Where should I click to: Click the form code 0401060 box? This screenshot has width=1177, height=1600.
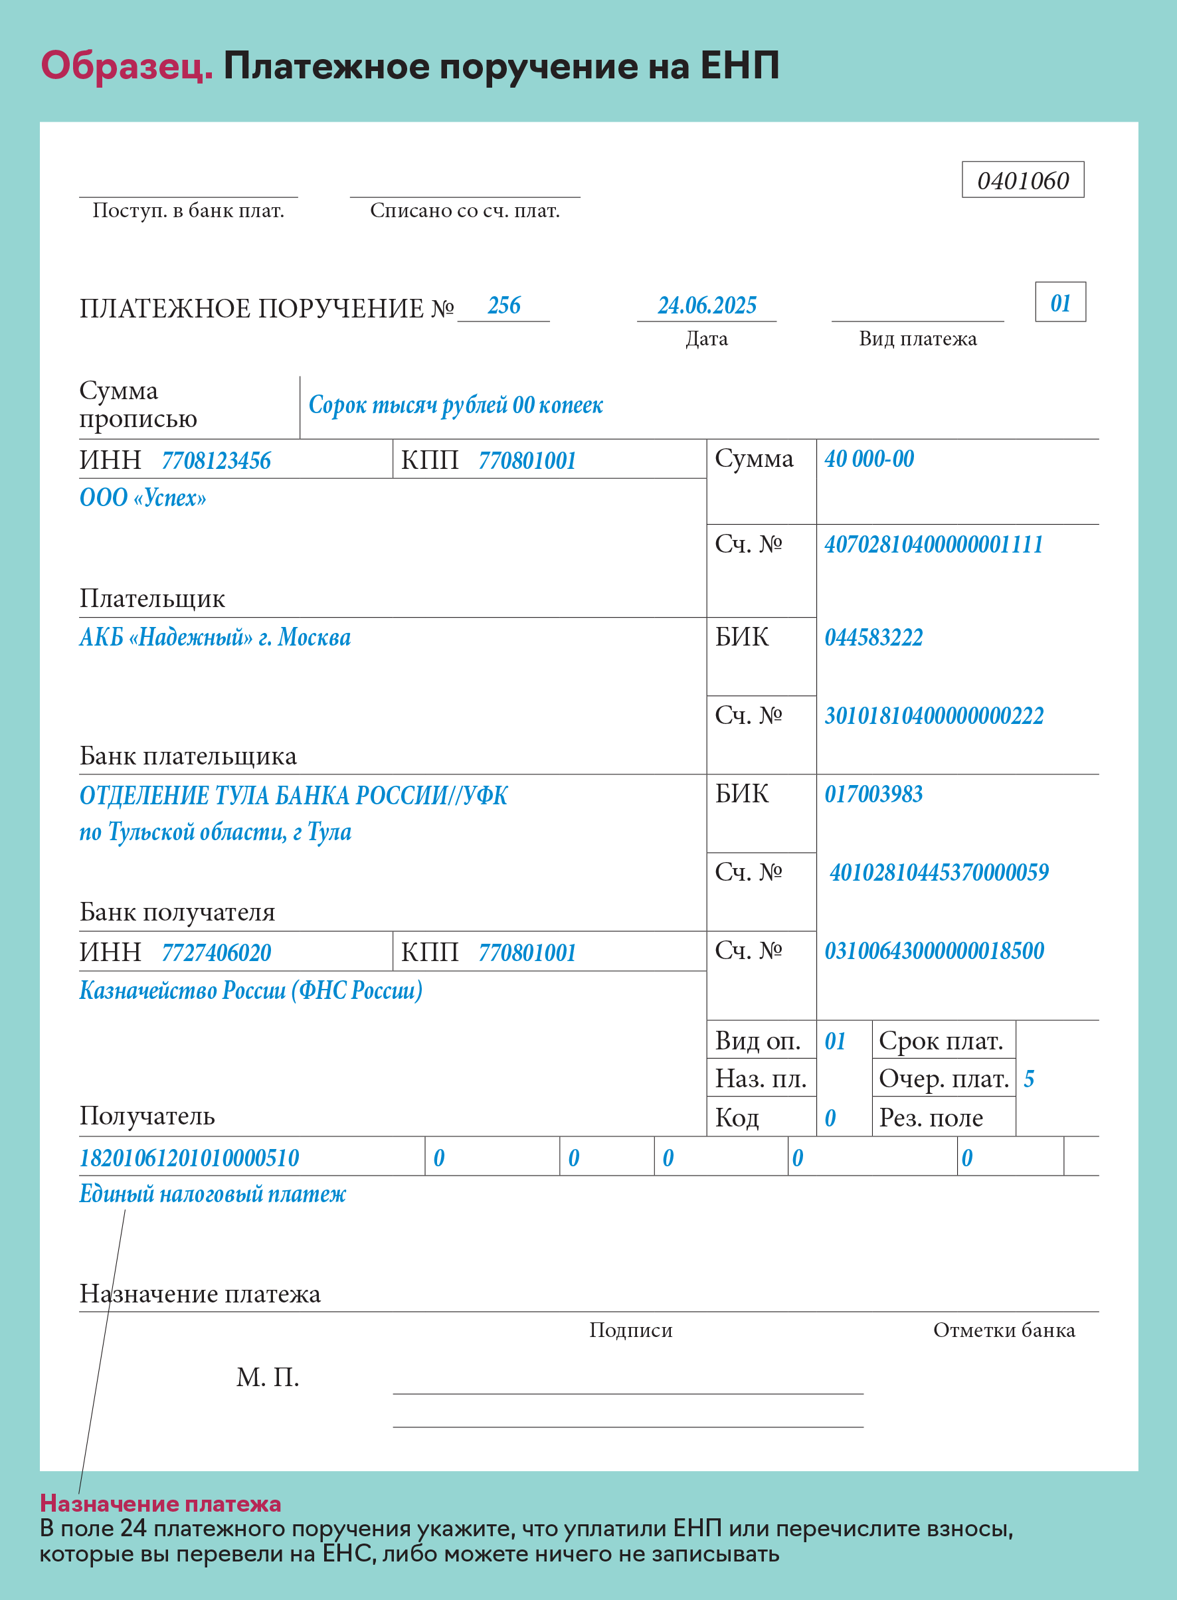(1022, 180)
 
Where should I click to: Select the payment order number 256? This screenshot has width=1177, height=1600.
(503, 306)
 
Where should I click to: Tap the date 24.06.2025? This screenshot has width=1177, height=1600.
(707, 306)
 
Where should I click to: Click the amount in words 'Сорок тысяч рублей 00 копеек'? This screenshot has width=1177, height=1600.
(455, 405)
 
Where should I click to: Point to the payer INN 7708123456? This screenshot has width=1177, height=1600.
(216, 461)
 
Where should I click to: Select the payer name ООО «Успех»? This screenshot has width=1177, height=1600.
(143, 497)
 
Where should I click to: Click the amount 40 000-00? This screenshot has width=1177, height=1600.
(869, 459)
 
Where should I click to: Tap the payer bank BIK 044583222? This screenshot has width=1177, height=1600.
(873, 638)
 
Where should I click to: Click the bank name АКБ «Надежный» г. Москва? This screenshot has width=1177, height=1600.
(215, 637)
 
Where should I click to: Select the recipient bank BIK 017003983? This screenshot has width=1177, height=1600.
(873, 794)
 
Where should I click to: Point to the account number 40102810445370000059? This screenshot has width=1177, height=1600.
(939, 873)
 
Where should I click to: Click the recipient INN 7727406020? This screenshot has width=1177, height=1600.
(216, 953)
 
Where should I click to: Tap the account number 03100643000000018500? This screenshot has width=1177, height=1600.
(934, 951)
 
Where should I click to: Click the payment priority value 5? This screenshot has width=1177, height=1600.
(1029, 1079)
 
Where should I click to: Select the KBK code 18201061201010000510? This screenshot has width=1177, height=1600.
(189, 1158)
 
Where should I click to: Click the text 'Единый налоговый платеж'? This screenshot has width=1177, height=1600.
(213, 1194)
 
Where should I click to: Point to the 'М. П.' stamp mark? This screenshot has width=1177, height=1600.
(267, 1378)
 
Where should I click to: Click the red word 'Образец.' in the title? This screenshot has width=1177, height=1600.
(127, 66)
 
